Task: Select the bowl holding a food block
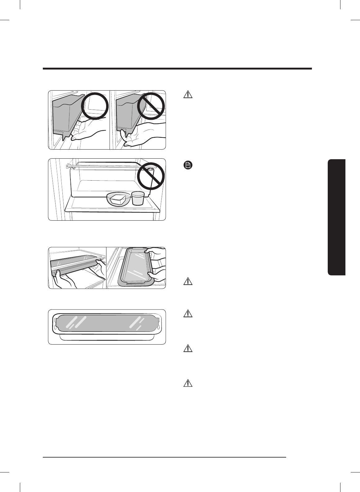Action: [118, 199]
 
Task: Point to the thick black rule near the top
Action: [177, 69]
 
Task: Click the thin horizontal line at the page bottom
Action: [164, 457]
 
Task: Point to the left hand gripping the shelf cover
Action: [64, 280]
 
